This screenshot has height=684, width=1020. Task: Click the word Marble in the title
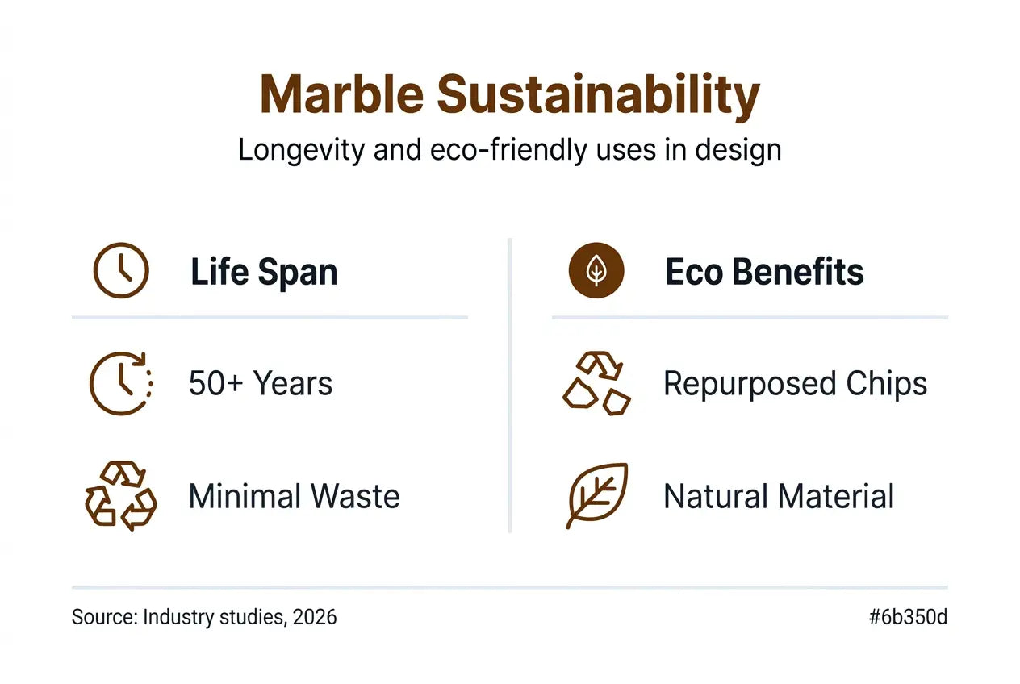click(341, 94)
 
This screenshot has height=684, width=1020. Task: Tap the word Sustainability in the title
click(598, 96)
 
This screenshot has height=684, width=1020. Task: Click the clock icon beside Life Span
click(121, 271)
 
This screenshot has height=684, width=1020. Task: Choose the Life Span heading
click(264, 273)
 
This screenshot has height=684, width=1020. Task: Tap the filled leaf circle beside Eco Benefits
click(596, 271)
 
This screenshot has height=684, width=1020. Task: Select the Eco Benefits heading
click(764, 273)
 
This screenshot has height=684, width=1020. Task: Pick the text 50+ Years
click(260, 384)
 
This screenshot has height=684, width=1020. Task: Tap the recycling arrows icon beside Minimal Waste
click(121, 495)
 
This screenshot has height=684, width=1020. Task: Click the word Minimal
click(240, 496)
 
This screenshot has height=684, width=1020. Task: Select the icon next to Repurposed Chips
click(596, 383)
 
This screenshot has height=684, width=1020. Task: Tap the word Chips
click(887, 385)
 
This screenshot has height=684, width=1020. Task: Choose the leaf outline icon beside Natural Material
click(596, 495)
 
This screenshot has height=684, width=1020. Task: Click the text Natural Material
click(778, 496)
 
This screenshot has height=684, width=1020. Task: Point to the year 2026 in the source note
click(315, 618)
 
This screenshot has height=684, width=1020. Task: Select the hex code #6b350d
click(908, 618)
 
